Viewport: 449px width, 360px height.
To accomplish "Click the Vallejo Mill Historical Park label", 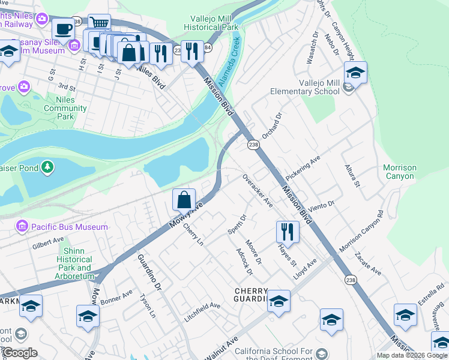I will click(x=215, y=23).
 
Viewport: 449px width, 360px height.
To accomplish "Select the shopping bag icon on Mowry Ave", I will click(x=184, y=199).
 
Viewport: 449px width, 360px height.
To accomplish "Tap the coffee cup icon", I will click(x=63, y=28).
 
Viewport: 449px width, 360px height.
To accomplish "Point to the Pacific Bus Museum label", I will click(x=62, y=227).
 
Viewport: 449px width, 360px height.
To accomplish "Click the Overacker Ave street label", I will click(x=258, y=191).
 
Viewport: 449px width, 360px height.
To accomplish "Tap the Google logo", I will click(x=20, y=353).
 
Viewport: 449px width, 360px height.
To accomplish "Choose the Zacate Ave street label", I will click(x=367, y=263).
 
